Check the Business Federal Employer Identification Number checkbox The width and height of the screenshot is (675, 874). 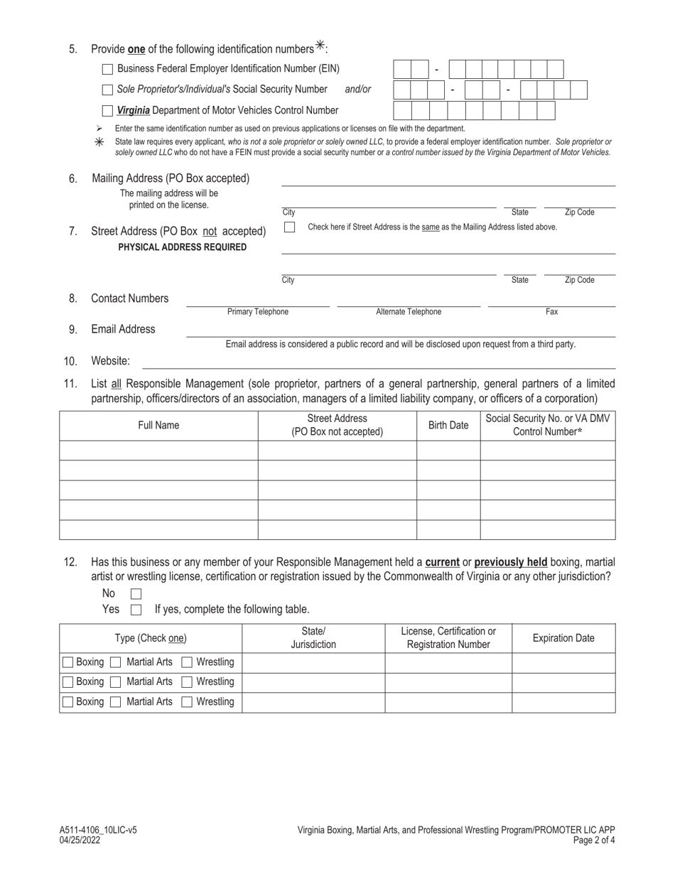click(107, 69)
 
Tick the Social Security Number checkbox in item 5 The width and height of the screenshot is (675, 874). click(107, 90)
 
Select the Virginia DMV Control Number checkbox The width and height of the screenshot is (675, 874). click(107, 110)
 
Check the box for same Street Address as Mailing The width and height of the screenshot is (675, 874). click(289, 227)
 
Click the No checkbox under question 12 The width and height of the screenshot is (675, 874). click(136, 593)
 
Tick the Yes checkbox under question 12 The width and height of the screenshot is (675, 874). click(136, 610)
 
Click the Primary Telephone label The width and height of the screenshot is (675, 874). click(257, 312)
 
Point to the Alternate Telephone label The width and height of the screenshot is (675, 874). click(408, 312)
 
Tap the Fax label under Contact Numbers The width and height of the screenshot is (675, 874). click(551, 312)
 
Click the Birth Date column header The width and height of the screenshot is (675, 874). click(448, 426)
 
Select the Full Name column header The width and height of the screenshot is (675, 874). click(158, 426)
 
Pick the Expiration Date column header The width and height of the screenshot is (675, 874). click(563, 638)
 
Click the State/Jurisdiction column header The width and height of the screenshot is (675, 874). click(313, 638)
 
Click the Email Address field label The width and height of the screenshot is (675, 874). click(123, 329)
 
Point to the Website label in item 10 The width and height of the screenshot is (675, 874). click(110, 361)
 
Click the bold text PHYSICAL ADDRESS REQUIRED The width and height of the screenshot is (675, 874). click(183, 247)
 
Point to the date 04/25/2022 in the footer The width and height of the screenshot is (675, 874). click(80, 839)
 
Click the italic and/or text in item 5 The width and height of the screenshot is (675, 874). click(357, 90)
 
